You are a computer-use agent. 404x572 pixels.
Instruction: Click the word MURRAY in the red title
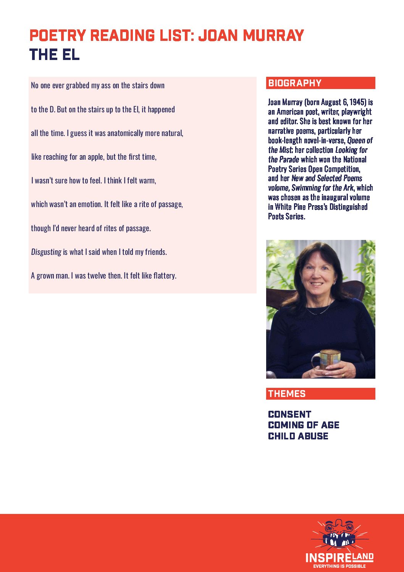(x=273, y=36)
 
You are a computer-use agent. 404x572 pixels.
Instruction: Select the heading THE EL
(x=55, y=55)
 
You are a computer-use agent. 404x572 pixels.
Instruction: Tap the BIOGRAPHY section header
(x=295, y=83)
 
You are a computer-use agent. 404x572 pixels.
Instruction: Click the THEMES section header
(x=287, y=394)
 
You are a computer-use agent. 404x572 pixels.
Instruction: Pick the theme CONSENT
(x=289, y=414)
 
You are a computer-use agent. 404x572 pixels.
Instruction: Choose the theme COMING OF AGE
(x=304, y=425)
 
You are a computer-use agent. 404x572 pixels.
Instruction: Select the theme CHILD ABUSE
(x=298, y=436)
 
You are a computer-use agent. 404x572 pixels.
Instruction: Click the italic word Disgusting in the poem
(x=46, y=252)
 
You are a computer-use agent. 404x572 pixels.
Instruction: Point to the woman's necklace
(x=320, y=309)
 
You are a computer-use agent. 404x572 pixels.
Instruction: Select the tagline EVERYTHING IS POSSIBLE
(x=339, y=566)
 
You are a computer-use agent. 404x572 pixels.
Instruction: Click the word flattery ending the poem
(x=165, y=275)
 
